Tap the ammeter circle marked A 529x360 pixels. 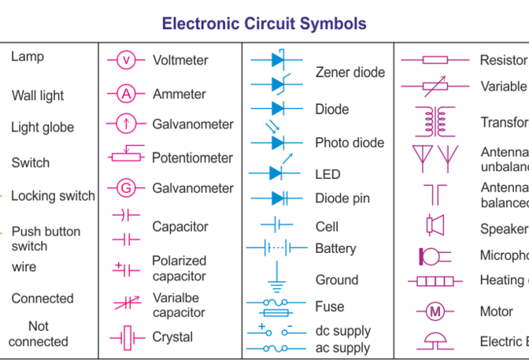click(126, 95)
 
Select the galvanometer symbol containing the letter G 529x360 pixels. click(126, 188)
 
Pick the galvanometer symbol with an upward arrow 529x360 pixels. click(126, 124)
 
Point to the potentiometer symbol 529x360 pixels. click(127, 156)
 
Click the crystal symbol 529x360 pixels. click(126, 338)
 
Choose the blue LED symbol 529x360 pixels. click(276, 172)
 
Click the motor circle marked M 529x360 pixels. click(435, 312)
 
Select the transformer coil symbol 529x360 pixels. click(435, 121)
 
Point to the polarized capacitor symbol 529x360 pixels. click(126, 269)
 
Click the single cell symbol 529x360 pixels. click(276, 225)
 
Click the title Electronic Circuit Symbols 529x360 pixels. click(264, 23)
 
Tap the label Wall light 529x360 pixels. click(38, 96)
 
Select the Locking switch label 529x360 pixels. click(53, 196)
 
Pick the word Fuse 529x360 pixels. click(330, 306)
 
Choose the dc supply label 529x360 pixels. click(342, 331)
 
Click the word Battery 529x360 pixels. click(335, 248)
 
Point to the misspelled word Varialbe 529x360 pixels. click(176, 297)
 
